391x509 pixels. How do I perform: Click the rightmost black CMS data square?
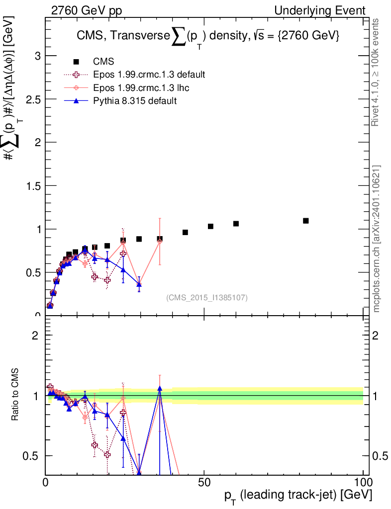click(305, 221)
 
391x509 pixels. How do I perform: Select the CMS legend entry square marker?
click(76, 61)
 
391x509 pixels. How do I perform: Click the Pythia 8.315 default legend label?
click(135, 100)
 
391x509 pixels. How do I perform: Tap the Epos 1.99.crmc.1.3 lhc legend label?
click(141, 87)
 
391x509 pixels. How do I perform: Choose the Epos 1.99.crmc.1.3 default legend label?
click(149, 75)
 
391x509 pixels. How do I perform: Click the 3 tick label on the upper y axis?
click(38, 56)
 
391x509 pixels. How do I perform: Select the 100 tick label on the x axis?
click(363, 482)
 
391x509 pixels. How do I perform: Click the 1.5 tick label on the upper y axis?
click(33, 186)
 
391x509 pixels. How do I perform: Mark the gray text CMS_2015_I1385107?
click(207, 298)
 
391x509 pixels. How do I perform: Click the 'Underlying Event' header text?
click(320, 11)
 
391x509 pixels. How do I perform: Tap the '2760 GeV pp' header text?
click(87, 11)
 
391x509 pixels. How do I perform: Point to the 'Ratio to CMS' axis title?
click(15, 394)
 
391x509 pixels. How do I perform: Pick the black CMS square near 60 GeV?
click(236, 224)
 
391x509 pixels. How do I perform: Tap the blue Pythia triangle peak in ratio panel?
click(160, 388)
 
